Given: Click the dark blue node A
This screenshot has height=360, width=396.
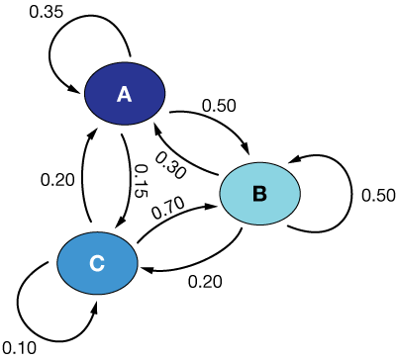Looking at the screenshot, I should tap(124, 94).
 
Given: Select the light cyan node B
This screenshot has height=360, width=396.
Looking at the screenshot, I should tap(259, 193).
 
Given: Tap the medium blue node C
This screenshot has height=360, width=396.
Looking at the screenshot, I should tap(96, 262).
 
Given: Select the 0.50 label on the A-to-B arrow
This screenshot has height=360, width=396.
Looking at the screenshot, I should tap(220, 104).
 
